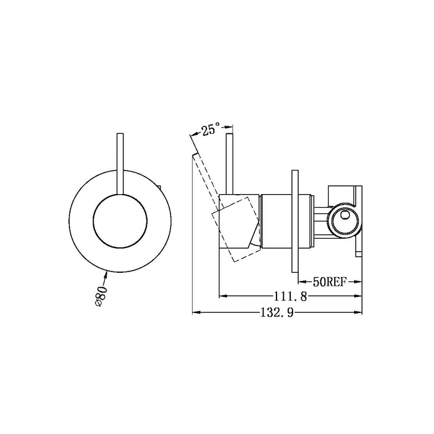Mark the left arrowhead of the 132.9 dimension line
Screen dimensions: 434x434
coord(197,313)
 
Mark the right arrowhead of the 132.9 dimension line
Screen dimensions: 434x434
coord(360,313)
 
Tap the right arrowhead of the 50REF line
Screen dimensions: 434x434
coord(359,281)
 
